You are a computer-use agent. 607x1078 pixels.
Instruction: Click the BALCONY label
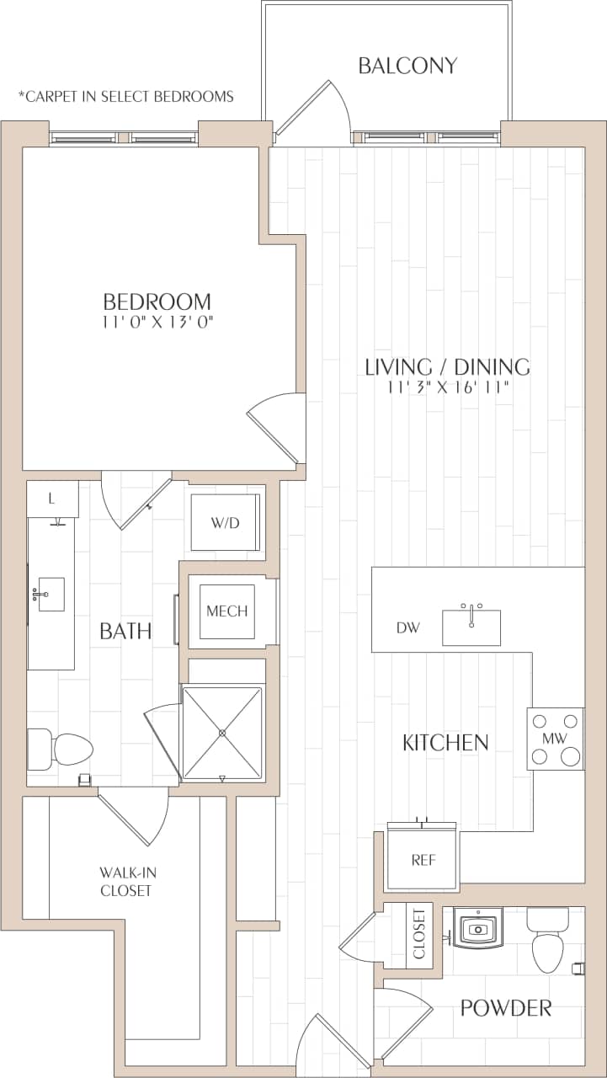point(407,66)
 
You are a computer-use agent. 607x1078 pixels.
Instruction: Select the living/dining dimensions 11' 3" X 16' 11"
point(447,388)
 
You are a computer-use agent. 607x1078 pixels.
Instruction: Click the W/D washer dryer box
point(225,522)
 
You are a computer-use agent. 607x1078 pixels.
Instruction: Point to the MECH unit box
point(227,611)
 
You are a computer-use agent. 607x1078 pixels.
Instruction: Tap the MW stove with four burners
point(555,739)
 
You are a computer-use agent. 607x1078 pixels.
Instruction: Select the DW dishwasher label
point(407,627)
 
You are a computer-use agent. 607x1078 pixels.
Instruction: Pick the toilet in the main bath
point(62,748)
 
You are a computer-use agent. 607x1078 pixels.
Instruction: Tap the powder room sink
point(478,929)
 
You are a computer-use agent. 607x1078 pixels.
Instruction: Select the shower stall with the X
point(222,733)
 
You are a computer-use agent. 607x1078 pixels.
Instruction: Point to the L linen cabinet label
point(51,499)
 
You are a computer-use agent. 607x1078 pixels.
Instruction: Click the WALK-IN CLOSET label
point(125,882)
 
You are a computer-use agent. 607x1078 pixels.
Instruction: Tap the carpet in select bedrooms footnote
point(126,96)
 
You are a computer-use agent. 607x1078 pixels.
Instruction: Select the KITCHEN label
point(445,742)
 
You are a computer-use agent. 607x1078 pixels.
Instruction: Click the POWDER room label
point(506,1007)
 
